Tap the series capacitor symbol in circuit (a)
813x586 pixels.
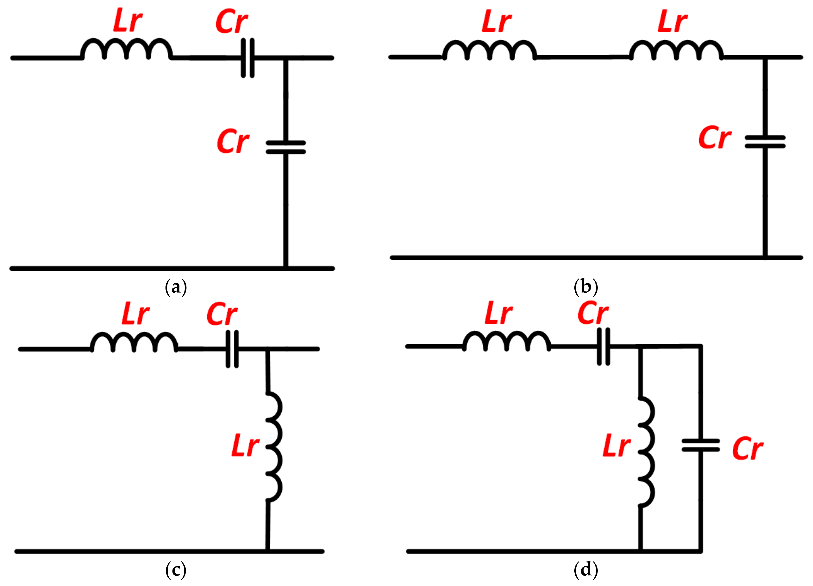pos(247,58)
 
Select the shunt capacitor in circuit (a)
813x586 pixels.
pos(286,147)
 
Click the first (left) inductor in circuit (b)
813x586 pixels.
pos(490,50)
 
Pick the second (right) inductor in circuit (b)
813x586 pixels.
pos(676,50)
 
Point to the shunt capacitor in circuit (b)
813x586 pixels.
pos(765,142)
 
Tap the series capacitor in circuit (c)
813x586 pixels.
pos(232,349)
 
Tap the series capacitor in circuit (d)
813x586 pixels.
pos(604,347)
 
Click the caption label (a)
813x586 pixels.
pos(176,287)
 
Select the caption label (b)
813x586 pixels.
pos(586,287)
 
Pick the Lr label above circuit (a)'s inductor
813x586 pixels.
pos(128,21)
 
